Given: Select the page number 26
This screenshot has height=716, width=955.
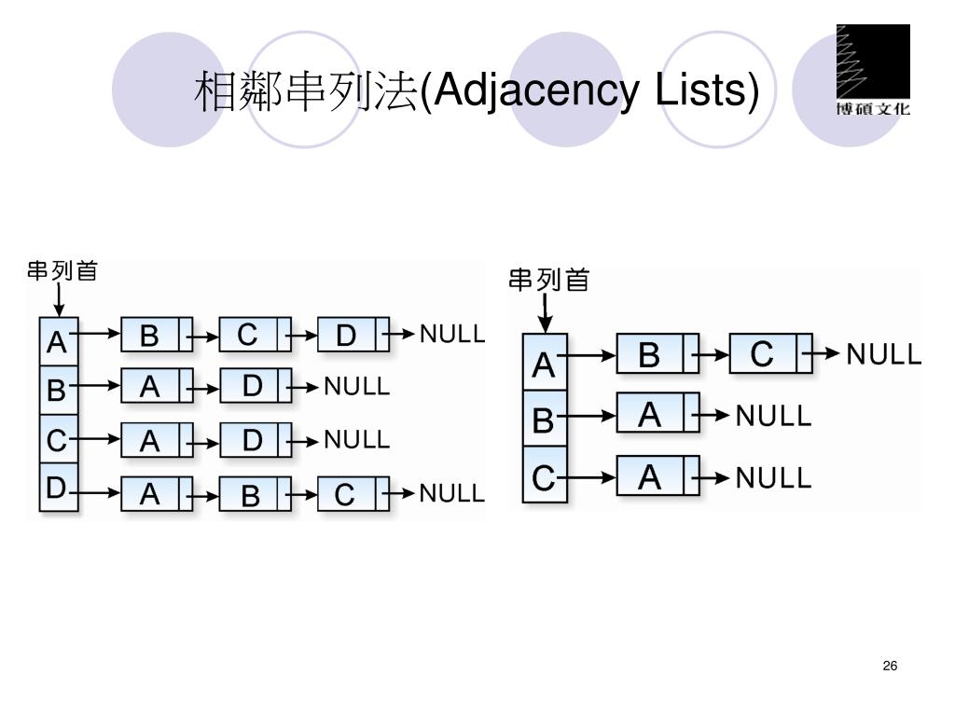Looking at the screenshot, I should click(x=889, y=666).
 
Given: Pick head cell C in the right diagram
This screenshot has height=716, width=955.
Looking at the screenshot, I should click(x=544, y=478).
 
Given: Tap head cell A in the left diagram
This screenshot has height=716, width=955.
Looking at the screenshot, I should click(x=57, y=343).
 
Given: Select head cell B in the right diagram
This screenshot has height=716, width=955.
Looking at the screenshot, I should click(x=544, y=422).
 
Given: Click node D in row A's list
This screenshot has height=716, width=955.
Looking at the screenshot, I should click(x=346, y=335).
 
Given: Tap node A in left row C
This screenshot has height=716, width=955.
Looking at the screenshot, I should click(x=150, y=440).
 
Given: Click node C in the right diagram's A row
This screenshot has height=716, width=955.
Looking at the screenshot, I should click(x=762, y=355).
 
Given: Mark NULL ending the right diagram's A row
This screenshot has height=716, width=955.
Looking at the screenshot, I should click(x=882, y=355).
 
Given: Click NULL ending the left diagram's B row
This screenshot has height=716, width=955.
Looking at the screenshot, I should click(x=356, y=386).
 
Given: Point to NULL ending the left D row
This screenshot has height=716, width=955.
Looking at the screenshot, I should click(x=452, y=493).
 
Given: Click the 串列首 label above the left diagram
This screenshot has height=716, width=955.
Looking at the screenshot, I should click(x=62, y=271).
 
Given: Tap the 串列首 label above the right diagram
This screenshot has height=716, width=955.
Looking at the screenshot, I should click(x=548, y=280).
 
